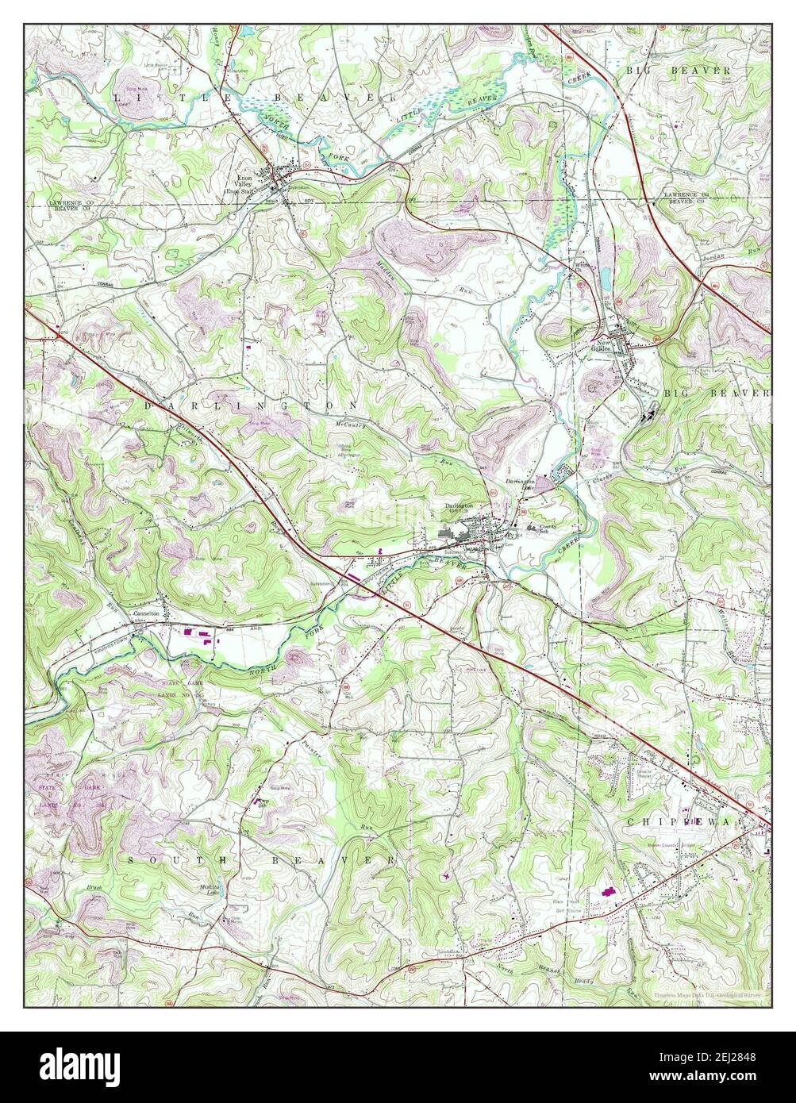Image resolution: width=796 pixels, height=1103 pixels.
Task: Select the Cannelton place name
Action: tap(147, 613)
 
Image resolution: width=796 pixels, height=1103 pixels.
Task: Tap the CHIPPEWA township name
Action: tap(694, 823)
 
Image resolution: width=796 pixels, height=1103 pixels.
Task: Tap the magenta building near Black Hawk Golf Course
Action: tap(608, 893)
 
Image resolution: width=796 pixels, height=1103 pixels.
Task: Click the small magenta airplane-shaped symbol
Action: tap(446, 877)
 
